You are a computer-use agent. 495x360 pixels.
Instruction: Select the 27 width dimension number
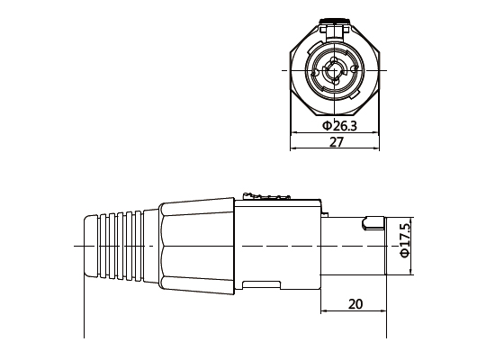[336, 143]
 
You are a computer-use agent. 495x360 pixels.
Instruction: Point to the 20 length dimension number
[355, 304]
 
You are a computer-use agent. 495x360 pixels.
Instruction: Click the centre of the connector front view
[335, 70]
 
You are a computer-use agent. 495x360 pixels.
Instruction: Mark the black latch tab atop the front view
[335, 17]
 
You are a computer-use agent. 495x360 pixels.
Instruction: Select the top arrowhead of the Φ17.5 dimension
[410, 220]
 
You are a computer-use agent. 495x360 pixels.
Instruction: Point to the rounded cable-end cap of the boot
[89, 246]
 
